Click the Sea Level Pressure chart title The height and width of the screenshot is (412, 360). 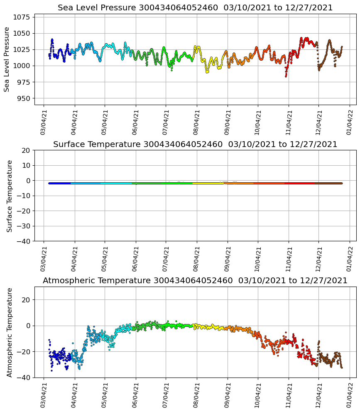[x=195, y=8]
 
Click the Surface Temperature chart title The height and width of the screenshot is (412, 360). [x=195, y=144]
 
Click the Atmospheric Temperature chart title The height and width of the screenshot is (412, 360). [x=195, y=280]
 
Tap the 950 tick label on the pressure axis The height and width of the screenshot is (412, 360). [x=24, y=98]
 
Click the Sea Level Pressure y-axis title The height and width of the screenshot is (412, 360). [x=7, y=59]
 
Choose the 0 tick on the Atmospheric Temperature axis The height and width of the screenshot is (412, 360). [x=28, y=326]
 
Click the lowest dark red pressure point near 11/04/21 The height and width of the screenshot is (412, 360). [x=286, y=76]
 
